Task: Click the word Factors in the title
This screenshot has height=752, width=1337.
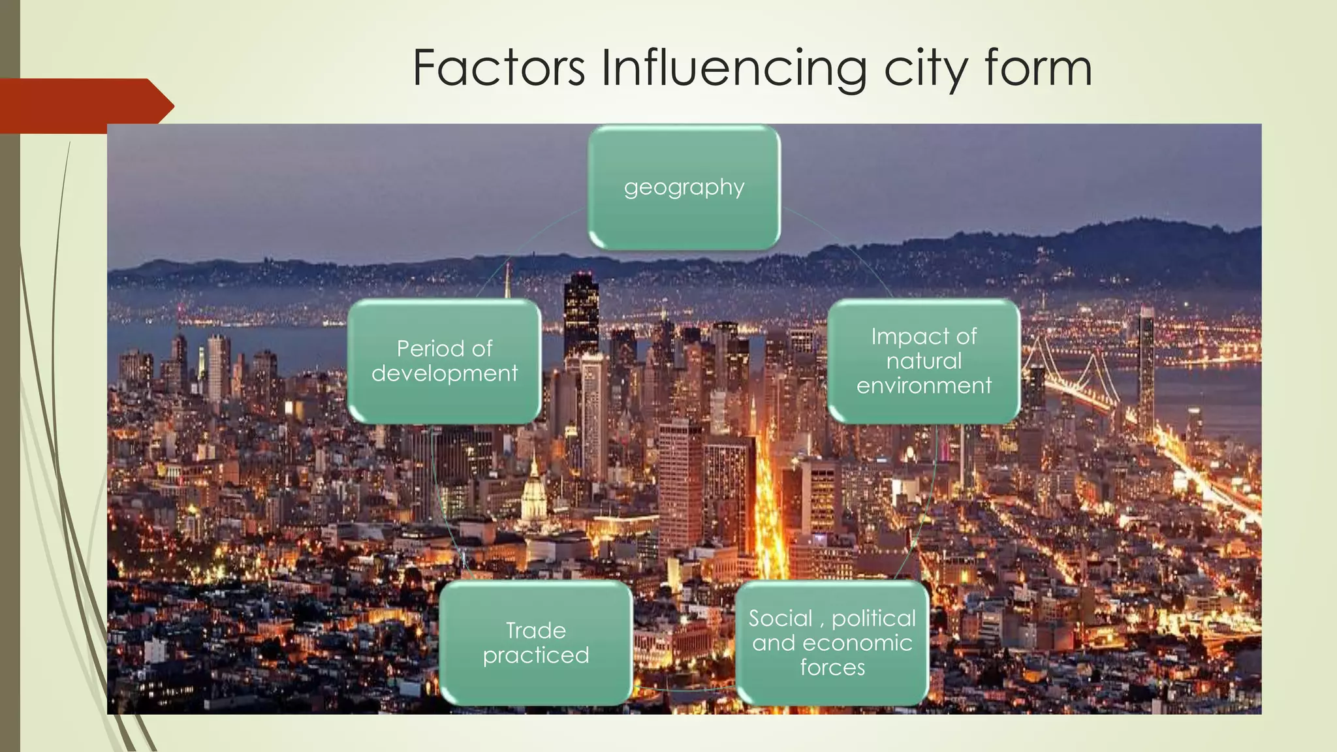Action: [x=499, y=68]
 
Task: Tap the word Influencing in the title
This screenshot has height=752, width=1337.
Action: [x=734, y=69]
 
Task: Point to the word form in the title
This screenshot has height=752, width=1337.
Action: [x=1038, y=68]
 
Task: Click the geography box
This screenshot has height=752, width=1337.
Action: [x=684, y=187]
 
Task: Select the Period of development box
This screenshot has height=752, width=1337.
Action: [x=445, y=361]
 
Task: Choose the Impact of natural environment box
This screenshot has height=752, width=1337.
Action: [x=924, y=361]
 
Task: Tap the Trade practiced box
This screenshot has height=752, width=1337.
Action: [x=536, y=643]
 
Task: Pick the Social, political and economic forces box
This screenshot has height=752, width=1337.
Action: [x=832, y=643]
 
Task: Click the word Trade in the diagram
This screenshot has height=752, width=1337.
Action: [x=536, y=631]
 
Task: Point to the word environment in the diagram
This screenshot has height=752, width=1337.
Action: [x=924, y=386]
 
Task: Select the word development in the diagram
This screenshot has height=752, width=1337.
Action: [x=445, y=373]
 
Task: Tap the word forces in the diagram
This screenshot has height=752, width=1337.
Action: [x=832, y=668]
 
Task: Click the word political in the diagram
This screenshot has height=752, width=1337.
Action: [x=873, y=618]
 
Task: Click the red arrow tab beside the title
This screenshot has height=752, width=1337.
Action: [x=85, y=104]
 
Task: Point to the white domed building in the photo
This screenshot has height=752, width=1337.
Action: [x=534, y=496]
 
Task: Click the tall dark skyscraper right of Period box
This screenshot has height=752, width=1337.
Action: [x=581, y=313]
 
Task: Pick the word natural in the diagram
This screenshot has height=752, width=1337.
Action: [x=924, y=361]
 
